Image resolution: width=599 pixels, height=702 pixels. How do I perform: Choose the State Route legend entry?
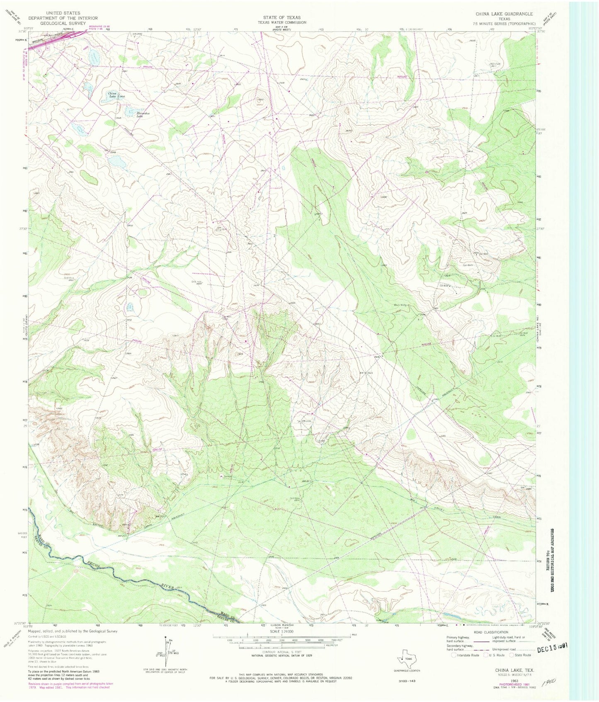pyautogui.click(x=521, y=655)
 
